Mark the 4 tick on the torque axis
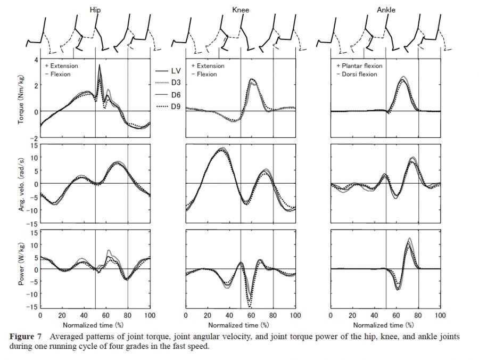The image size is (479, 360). tap(36, 60)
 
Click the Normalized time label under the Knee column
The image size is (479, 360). tap(240, 324)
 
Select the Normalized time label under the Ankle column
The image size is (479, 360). tap(386, 324)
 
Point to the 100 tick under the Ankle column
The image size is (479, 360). tap(440, 316)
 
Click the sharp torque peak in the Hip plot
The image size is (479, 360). tap(99, 65)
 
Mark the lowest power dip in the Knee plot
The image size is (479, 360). tap(249, 306)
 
